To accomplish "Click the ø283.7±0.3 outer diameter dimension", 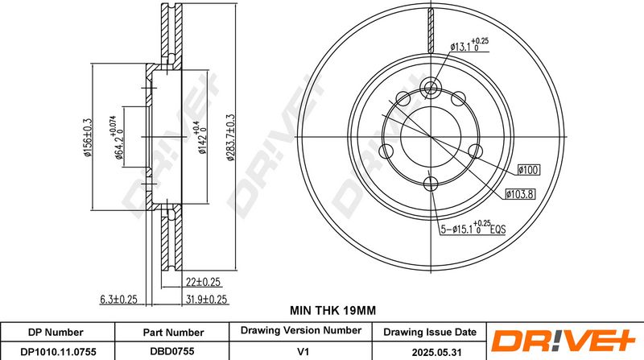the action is [231, 137].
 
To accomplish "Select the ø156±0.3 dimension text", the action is [87, 137].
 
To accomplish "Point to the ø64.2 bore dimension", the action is [116, 137].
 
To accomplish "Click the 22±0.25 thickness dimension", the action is [203, 282].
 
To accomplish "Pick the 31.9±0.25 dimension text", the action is [206, 299].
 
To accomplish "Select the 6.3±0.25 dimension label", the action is [118, 299].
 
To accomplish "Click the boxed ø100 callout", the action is [529, 170].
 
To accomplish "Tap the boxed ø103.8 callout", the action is [520, 194].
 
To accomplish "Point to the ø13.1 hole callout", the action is [469, 45].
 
